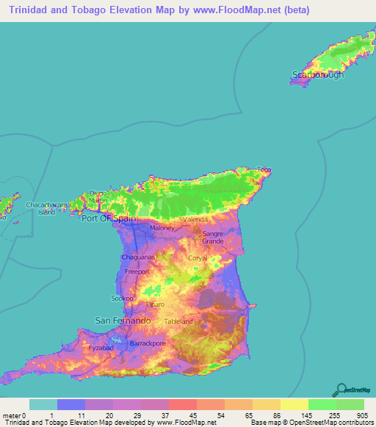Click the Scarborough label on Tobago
point(317,75)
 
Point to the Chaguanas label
point(137,258)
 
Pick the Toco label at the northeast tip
point(264,170)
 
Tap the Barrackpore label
point(148,343)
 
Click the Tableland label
point(178,321)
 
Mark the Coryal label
point(198,258)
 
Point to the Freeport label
point(137,271)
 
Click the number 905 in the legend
point(361,415)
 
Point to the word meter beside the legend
point(12,415)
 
